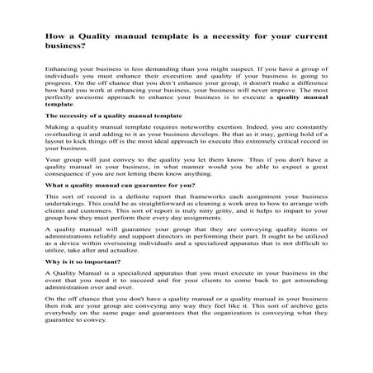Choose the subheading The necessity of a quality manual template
(x=112, y=130)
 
